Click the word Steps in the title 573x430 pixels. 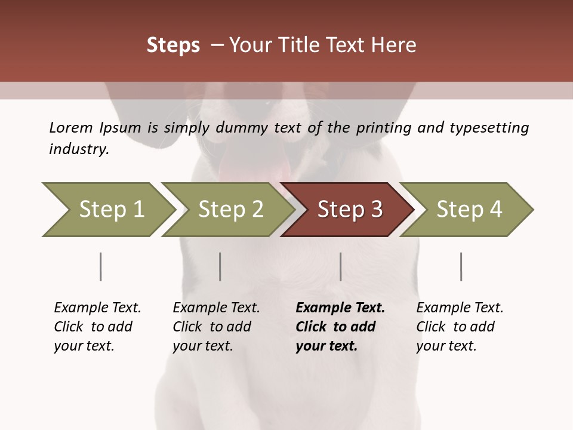[x=173, y=45]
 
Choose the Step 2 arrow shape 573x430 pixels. [x=228, y=210]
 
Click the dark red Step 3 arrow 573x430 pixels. [x=347, y=210]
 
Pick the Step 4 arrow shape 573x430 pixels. [x=467, y=210]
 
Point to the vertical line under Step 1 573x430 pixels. [x=101, y=266]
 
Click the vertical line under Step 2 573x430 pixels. [x=220, y=266]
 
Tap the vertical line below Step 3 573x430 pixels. [x=341, y=266]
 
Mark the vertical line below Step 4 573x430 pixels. [x=461, y=266]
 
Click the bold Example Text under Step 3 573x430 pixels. [x=340, y=308]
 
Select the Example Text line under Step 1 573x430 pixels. [x=97, y=308]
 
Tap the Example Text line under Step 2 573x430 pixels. [x=216, y=308]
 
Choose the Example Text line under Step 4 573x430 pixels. [x=460, y=308]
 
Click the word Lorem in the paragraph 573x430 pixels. [x=70, y=128]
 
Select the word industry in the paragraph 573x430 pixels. [x=78, y=149]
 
